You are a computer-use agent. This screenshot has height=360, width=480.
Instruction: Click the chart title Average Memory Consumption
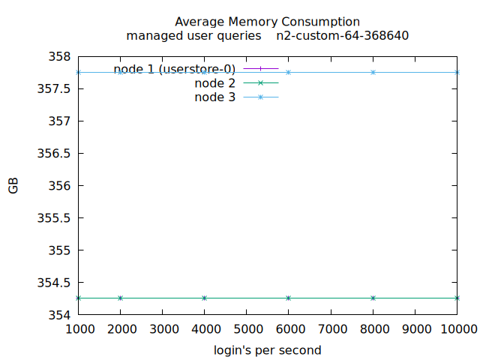[267, 22]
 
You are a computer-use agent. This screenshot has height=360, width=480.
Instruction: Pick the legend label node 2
[214, 83]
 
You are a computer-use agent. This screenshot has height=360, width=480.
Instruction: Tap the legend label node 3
[214, 97]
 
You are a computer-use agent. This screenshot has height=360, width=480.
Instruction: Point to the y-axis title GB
[13, 186]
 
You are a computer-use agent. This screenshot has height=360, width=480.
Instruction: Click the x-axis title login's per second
[267, 350]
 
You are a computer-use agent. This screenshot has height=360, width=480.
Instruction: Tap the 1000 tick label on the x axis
[79, 328]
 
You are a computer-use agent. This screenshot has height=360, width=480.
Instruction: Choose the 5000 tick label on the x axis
[247, 328]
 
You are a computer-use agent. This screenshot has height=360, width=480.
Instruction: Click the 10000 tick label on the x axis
[457, 328]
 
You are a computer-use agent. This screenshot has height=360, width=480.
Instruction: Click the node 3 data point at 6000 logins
[289, 72]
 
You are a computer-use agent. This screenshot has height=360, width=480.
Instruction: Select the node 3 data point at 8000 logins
[373, 72]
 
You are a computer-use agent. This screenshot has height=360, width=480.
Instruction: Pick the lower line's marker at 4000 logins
[205, 298]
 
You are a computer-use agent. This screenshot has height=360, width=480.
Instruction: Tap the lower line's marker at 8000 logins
[373, 298]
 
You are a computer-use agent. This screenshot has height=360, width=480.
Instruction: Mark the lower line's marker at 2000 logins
[121, 298]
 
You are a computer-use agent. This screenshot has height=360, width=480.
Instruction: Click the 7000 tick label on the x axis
[331, 328]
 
